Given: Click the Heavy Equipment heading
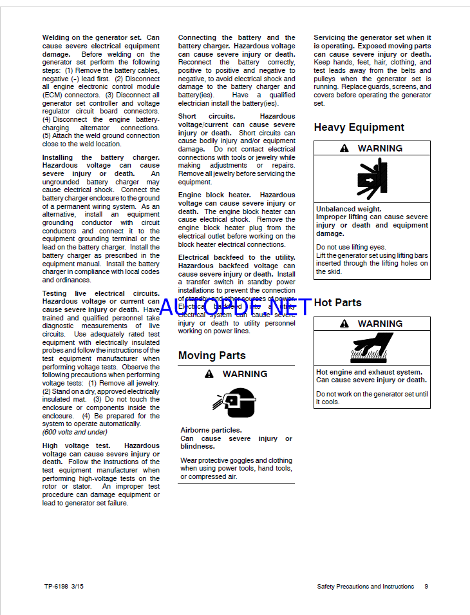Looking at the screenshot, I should [359, 128].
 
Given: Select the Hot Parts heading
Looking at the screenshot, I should [337, 302].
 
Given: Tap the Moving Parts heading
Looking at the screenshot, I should [212, 355].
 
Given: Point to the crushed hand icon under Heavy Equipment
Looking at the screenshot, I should [372, 179].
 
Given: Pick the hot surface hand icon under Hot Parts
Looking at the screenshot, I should [371, 348].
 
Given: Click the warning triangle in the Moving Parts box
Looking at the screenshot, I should [209, 374].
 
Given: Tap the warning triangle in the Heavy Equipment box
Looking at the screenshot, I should [344, 148].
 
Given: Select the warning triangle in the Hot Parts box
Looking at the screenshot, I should [344, 324].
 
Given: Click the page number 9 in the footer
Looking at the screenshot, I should [426, 587].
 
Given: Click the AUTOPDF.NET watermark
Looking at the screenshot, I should [234, 307].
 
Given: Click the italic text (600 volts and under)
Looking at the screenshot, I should [75, 433].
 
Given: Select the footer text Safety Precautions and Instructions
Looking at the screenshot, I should [365, 587].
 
